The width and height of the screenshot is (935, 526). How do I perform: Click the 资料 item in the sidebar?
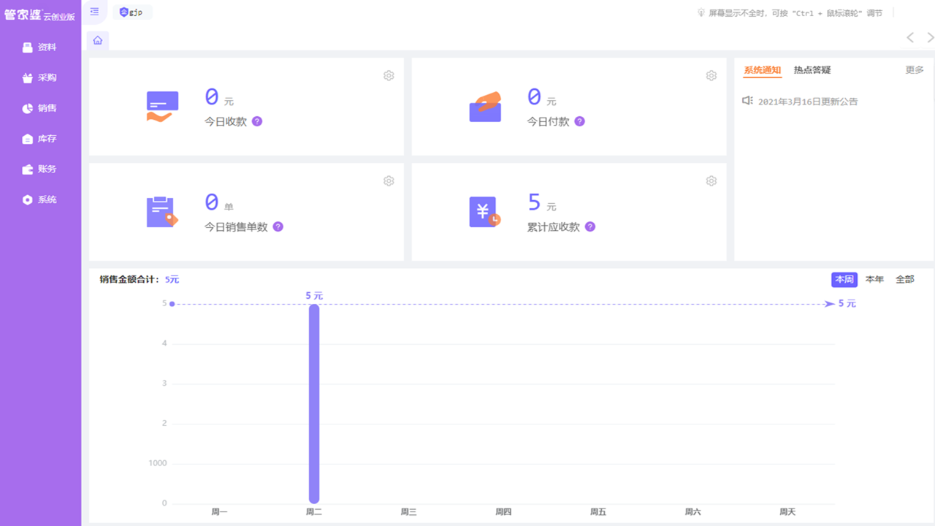40,47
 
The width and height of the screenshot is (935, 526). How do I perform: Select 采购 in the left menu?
40,78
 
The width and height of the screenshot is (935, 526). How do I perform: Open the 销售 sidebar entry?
40,108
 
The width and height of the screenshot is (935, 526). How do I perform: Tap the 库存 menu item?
40,139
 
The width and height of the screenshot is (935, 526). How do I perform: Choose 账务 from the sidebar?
40,169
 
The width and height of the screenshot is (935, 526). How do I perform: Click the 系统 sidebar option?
40,199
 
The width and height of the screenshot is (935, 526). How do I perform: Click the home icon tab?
98,40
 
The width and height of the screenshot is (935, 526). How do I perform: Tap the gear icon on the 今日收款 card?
389,76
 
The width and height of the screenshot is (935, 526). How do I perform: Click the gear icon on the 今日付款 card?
711,76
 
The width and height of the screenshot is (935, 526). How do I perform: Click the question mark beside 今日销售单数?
278,227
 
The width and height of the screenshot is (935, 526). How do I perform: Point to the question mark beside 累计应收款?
590,227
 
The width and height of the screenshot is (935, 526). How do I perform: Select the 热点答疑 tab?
812,70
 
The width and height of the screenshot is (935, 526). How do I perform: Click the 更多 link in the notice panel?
915,70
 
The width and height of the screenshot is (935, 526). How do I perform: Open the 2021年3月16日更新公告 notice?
808,102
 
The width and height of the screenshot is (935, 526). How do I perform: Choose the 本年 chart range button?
874,279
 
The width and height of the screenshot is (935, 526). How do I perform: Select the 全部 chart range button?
904,279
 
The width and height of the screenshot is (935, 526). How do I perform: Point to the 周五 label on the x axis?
598,512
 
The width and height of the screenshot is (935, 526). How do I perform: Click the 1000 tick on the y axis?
157,463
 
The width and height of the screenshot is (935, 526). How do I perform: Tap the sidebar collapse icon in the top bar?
94,12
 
